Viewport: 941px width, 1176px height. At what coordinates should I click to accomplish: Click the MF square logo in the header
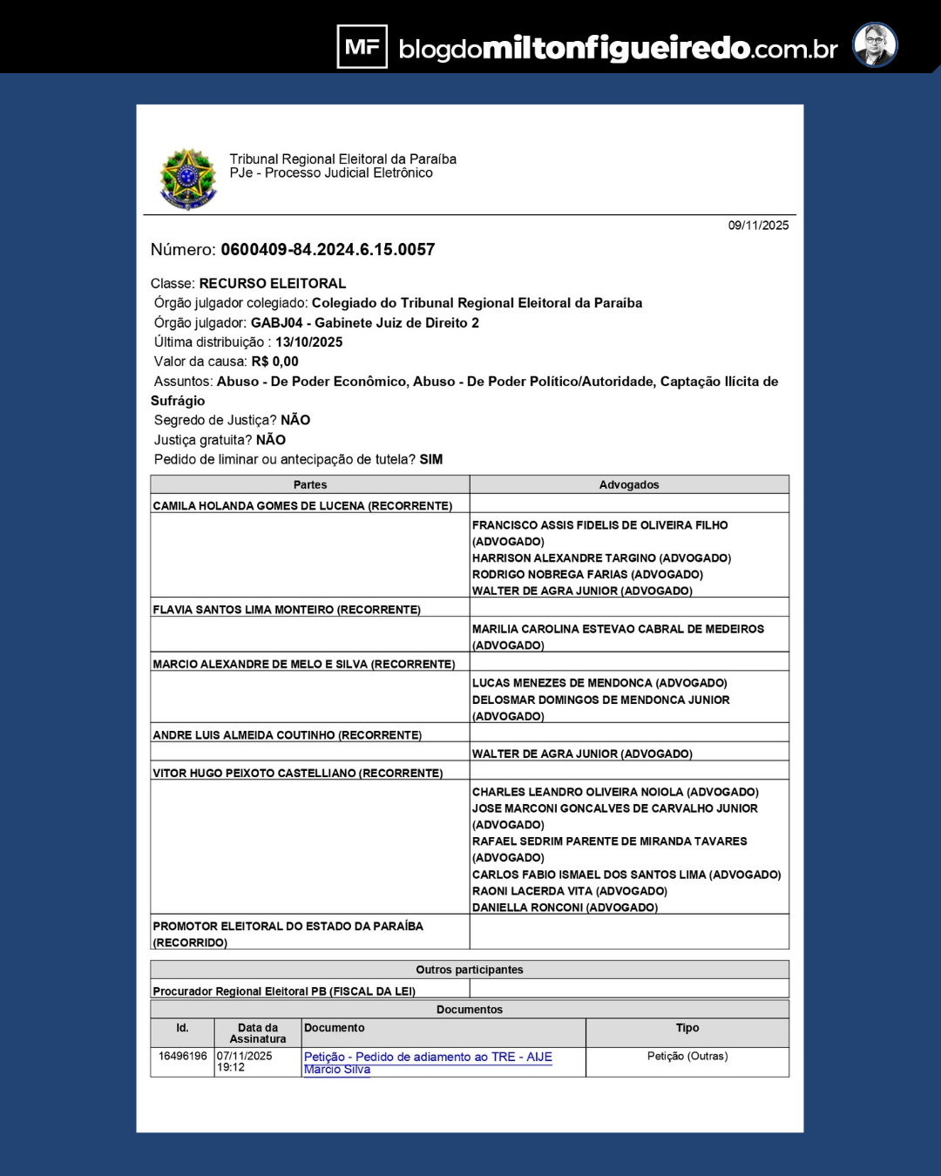point(362,46)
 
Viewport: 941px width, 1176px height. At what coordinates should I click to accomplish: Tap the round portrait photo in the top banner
point(874,45)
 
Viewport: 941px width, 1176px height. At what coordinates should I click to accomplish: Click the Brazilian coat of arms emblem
point(187,179)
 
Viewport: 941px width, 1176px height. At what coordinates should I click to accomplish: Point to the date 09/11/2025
point(758,226)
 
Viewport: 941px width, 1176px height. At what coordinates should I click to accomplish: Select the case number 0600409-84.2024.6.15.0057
point(328,250)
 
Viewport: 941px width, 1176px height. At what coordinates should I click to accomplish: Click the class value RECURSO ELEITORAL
point(272,284)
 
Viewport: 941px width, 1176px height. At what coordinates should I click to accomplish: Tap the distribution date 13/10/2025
point(308,342)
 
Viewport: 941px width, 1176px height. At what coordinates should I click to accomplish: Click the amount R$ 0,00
point(274,362)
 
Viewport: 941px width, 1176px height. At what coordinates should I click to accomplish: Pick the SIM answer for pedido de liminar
point(430,460)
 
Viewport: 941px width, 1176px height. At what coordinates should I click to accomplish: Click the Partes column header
point(309,485)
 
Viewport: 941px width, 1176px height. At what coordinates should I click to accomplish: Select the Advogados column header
point(628,485)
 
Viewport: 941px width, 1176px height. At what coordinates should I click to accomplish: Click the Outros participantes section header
point(469,970)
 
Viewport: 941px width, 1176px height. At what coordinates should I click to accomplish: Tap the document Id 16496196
point(182,1056)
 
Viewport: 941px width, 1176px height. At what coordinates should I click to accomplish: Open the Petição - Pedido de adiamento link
point(428,1058)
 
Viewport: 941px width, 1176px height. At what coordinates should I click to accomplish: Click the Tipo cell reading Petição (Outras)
point(687,1056)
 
